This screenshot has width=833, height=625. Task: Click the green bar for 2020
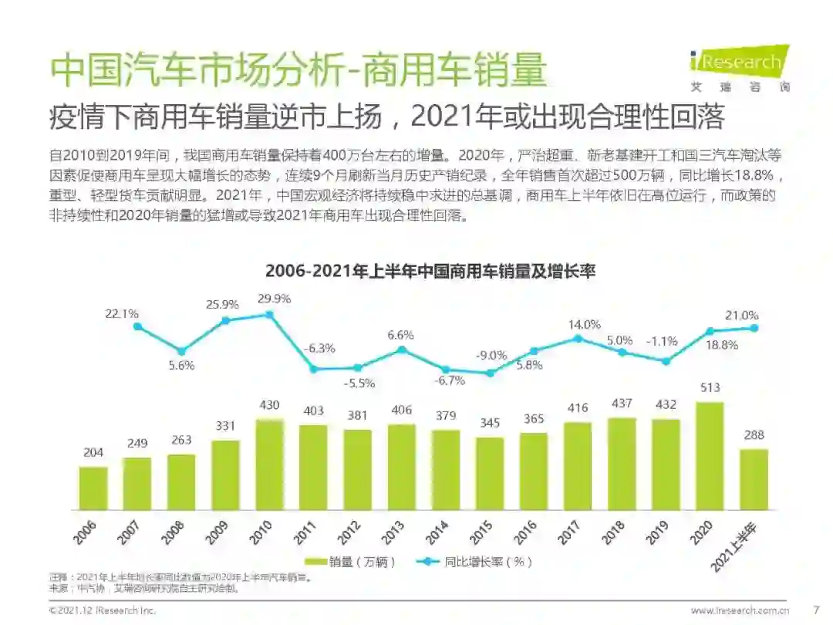710,455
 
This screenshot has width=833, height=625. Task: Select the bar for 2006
93,488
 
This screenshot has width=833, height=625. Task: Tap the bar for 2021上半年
754,479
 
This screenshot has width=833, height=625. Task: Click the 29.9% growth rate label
274,299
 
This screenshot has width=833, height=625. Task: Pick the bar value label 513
710,389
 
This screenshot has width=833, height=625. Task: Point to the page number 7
817,610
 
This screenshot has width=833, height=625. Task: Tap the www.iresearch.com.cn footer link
739,610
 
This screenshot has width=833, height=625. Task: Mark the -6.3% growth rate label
319,348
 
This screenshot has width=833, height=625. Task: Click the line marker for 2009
226,320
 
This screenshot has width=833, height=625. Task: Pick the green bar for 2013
401,467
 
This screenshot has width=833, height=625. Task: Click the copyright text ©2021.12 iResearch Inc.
103,610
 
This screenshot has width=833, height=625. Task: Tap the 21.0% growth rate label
742,315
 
